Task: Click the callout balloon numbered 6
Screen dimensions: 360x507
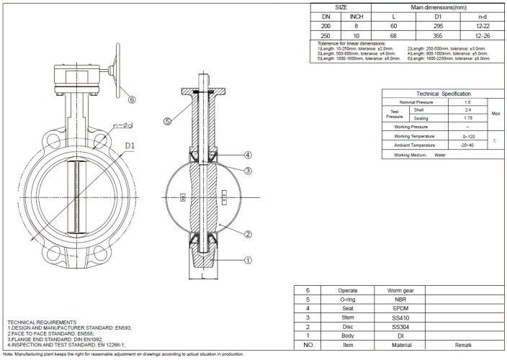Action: pyautogui.click(x=132, y=99)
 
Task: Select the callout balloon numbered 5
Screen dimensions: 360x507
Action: pyautogui.click(x=167, y=122)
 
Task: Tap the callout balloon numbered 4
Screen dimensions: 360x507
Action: pyautogui.click(x=247, y=155)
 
